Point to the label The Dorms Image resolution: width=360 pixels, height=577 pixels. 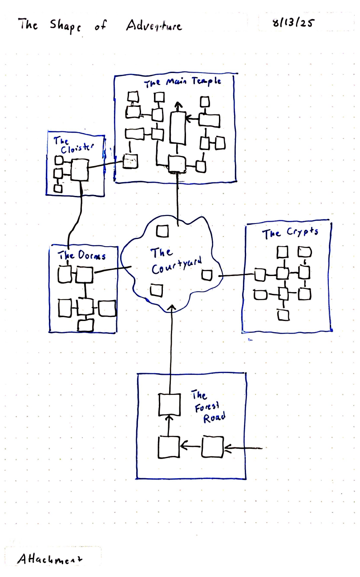click(x=82, y=256)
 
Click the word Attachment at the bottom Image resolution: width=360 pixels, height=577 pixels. click(x=51, y=558)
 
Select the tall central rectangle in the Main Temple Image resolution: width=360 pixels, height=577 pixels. click(x=178, y=127)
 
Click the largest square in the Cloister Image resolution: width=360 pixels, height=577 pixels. click(x=79, y=170)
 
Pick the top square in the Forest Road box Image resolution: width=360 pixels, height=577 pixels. click(x=169, y=404)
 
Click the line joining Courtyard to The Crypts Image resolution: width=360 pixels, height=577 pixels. click(x=236, y=276)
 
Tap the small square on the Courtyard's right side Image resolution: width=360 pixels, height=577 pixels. click(x=206, y=275)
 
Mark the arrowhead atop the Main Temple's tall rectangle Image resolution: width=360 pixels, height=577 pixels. click(x=178, y=106)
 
